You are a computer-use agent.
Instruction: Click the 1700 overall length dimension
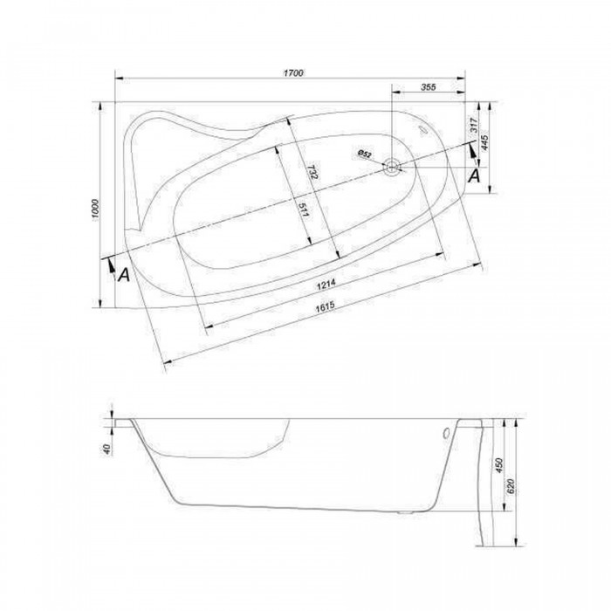(x=293, y=72)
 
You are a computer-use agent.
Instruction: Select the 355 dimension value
(x=428, y=87)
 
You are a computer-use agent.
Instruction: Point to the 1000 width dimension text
(x=96, y=209)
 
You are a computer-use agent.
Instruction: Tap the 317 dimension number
(x=474, y=125)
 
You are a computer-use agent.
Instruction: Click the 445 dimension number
(x=484, y=143)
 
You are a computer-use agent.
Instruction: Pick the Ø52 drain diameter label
(x=365, y=154)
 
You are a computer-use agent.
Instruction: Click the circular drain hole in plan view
(x=392, y=168)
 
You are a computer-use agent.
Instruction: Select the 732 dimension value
(x=312, y=172)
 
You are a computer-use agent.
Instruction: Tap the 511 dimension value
(x=304, y=210)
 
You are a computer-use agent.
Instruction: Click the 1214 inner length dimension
(x=326, y=285)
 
